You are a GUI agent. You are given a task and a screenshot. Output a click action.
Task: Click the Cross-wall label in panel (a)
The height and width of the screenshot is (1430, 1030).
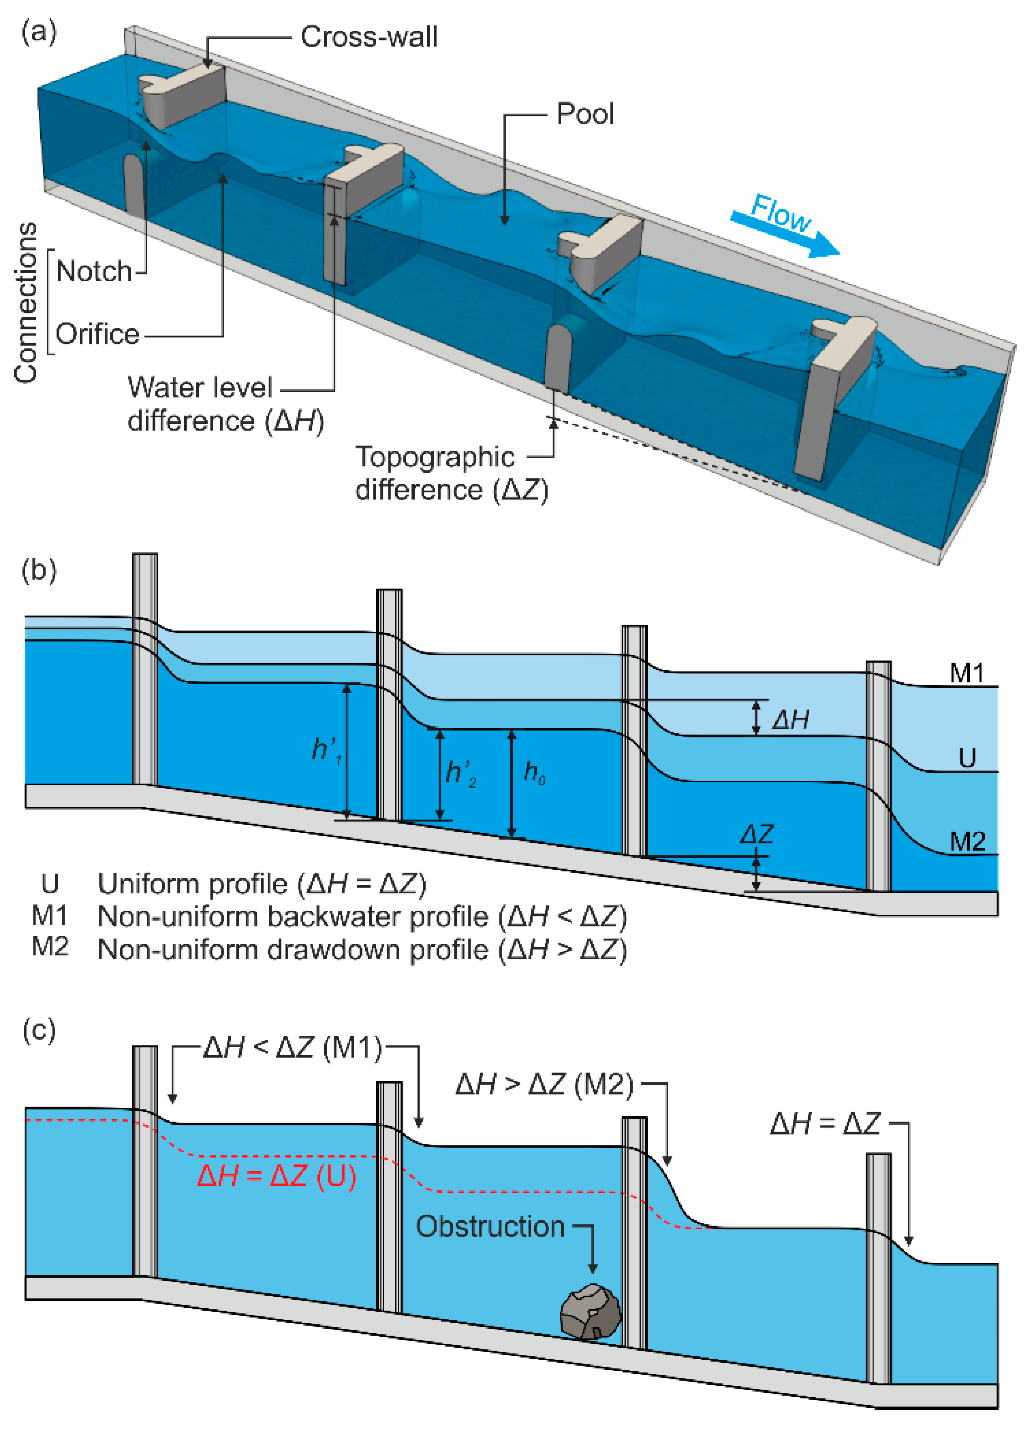[x=369, y=37]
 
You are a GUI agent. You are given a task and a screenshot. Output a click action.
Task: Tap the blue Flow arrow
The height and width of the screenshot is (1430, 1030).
[x=785, y=225]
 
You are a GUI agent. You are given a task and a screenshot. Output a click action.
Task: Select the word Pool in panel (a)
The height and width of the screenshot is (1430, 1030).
[x=584, y=114]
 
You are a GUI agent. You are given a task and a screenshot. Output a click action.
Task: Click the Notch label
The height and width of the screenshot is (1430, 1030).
[x=94, y=271]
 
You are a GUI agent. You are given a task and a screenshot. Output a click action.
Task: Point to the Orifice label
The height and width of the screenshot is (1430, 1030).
[x=97, y=334]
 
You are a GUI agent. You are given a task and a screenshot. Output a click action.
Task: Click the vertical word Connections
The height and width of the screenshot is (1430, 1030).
[x=25, y=302]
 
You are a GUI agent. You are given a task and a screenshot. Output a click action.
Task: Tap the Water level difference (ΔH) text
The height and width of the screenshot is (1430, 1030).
[x=225, y=403]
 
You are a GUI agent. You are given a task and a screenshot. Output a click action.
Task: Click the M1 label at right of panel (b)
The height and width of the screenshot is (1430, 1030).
[x=966, y=673]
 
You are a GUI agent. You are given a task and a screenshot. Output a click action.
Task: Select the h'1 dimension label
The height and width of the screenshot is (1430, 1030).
[x=327, y=750]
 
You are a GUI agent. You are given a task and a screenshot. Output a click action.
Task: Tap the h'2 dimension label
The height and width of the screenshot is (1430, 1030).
[x=461, y=773]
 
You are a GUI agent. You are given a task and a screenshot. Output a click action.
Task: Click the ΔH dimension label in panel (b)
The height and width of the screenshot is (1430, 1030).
[x=790, y=720]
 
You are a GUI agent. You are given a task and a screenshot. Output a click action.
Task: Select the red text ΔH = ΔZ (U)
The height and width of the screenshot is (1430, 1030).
[x=277, y=1177]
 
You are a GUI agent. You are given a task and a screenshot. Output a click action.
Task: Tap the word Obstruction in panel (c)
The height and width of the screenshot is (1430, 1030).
[x=490, y=1227]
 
